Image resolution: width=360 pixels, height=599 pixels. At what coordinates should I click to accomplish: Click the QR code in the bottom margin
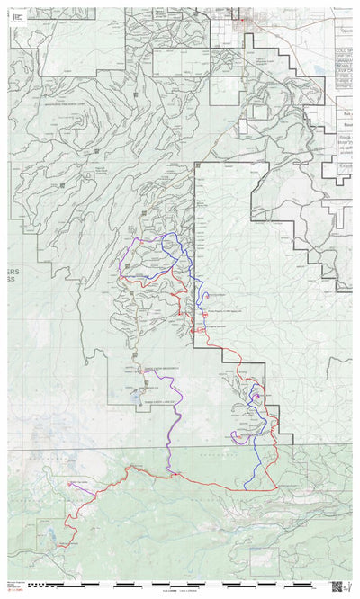[x=337, y=586]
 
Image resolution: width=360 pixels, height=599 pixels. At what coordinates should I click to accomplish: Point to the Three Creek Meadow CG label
[x=159, y=368]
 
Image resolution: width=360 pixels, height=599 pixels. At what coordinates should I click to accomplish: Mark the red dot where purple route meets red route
[x=169, y=469]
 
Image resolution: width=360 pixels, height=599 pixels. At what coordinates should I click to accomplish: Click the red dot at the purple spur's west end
[x=69, y=484]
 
